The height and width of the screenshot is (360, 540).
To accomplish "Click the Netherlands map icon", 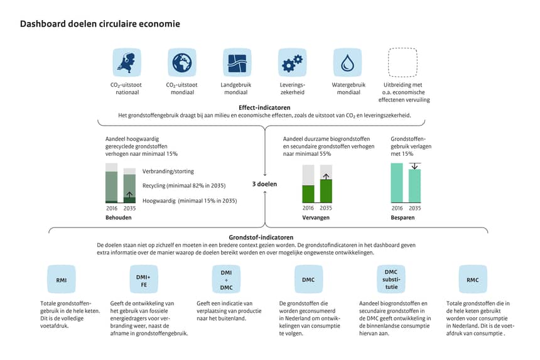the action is (127, 62).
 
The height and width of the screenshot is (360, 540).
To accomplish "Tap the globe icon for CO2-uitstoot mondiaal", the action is (182, 62).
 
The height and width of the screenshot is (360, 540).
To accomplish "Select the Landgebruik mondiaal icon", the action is (237, 62).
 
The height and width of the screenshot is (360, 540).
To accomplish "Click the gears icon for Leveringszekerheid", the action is (292, 62).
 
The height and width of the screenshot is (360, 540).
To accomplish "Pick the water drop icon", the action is (347, 62).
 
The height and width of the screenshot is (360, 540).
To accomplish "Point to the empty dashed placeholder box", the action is (402, 48).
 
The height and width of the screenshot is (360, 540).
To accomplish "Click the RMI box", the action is (62, 280).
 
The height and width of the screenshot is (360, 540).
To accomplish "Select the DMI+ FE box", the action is (144, 280).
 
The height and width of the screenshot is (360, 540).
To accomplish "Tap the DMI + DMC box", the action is (226, 280).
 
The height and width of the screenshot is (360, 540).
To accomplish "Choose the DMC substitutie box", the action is (391, 280).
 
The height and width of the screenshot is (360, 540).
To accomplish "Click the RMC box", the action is (473, 280).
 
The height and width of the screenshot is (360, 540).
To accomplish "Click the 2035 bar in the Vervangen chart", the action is (326, 183).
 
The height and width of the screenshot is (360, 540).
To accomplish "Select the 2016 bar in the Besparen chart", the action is (397, 183).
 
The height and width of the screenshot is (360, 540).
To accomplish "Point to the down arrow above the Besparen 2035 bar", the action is (414, 166).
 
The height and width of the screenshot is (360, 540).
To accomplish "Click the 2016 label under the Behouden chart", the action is (112, 209).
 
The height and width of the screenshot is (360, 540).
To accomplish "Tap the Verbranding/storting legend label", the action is (168, 172).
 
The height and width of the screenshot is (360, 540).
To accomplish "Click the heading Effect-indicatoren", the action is (264, 107).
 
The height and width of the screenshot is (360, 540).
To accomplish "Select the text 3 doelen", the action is (264, 184).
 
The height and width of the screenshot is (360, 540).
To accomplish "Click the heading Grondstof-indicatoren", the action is (261, 237).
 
